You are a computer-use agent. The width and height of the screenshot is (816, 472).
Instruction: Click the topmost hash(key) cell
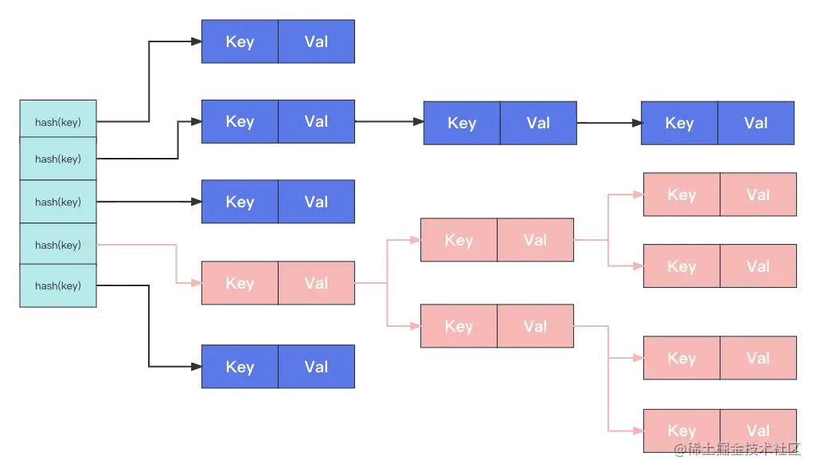tap(58, 122)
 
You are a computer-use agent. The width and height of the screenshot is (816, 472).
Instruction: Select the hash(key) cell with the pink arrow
tap(58, 245)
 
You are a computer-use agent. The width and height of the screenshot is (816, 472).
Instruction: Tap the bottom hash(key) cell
tap(58, 285)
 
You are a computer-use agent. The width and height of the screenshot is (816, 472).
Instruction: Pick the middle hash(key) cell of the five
tap(58, 202)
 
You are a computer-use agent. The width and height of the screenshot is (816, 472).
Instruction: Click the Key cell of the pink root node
tap(240, 283)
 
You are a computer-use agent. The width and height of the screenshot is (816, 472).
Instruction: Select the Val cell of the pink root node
tap(316, 283)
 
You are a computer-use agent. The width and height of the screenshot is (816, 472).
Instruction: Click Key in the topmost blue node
tap(240, 41)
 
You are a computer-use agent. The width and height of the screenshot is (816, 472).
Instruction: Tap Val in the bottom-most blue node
tap(316, 367)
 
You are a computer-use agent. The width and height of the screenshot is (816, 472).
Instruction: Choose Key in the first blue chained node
tap(240, 121)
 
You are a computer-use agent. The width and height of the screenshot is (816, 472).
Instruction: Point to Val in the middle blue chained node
tap(538, 123)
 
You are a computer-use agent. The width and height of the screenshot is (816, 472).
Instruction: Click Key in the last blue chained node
tap(679, 123)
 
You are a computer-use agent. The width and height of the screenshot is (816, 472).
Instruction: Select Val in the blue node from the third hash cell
tap(316, 202)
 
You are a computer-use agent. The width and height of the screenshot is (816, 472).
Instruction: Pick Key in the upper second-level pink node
tap(459, 240)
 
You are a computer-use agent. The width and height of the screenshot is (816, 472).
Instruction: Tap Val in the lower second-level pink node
tap(535, 326)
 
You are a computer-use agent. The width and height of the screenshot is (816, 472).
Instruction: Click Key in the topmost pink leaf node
tap(681, 195)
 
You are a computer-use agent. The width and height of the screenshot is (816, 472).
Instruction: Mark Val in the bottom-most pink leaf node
tap(758, 431)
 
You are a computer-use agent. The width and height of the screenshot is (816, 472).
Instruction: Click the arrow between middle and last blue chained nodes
tap(608, 124)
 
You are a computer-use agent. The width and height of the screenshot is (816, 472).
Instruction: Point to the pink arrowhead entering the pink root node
tap(195, 283)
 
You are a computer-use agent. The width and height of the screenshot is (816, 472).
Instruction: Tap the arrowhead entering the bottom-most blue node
tap(195, 367)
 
